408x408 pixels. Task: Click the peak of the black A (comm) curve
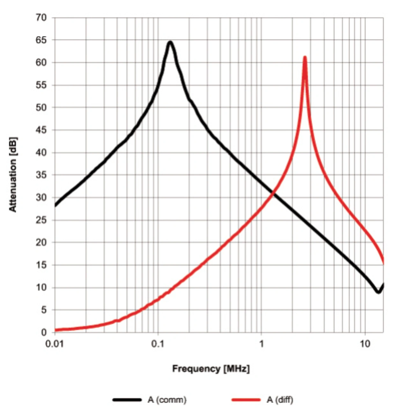click(171, 42)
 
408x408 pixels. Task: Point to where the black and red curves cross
click(273, 193)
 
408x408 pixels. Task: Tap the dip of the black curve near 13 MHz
click(378, 292)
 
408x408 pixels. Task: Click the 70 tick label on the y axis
click(41, 18)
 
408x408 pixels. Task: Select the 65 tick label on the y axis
click(41, 40)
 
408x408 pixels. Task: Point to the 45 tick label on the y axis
click(41, 130)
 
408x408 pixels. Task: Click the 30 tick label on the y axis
click(41, 198)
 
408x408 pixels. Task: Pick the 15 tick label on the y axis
click(41, 265)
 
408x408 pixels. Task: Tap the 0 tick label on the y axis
click(44, 332)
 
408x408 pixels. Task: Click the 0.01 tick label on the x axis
click(55, 344)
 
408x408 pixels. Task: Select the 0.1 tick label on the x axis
click(158, 344)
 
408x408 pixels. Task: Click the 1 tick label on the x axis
click(261, 344)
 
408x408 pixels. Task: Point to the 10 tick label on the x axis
click(365, 344)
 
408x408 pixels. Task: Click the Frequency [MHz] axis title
click(211, 369)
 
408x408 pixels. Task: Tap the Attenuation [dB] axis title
click(13, 175)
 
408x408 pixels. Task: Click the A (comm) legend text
click(167, 399)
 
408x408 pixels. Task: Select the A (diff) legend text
click(280, 399)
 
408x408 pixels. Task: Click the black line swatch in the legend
click(127, 400)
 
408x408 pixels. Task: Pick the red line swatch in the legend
click(246, 400)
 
